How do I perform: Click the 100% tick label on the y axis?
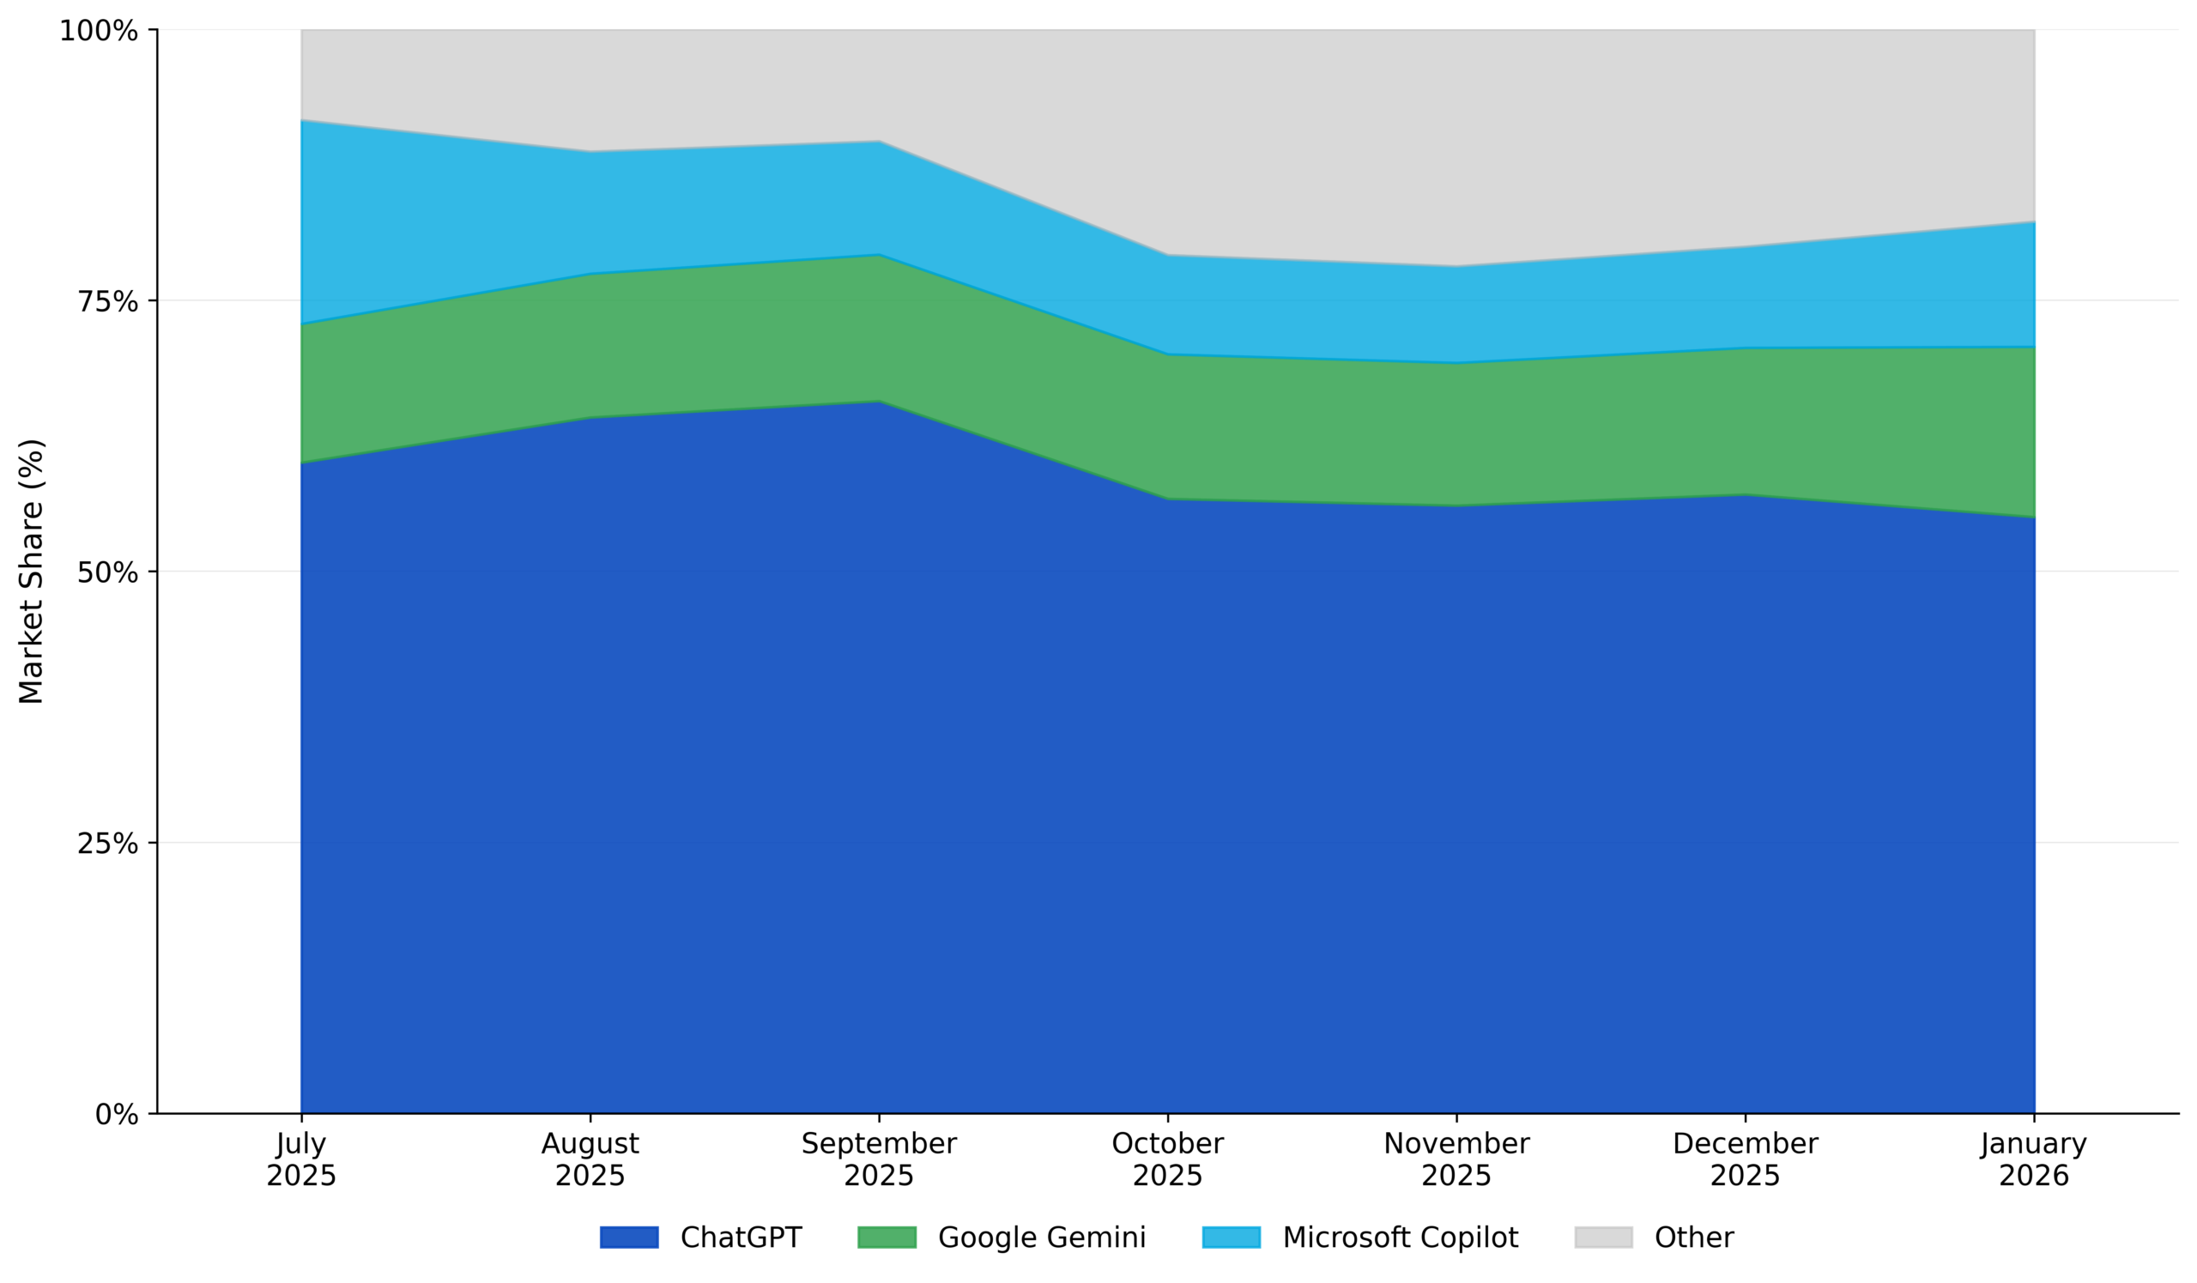pyautogui.click(x=99, y=32)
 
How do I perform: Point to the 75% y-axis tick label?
pyautogui.click(x=108, y=302)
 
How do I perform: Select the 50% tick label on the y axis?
pyautogui.click(x=108, y=573)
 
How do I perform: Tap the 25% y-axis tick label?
pyautogui.click(x=108, y=844)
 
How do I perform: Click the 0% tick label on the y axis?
pyautogui.click(x=117, y=1116)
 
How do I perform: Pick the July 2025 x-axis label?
pyautogui.click(x=300, y=1159)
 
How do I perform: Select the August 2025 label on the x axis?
pyautogui.click(x=590, y=1159)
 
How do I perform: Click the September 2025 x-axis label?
pyautogui.click(x=879, y=1159)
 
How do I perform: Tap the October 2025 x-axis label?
pyautogui.click(x=1167, y=1159)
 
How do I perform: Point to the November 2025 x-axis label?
pyautogui.click(x=1456, y=1159)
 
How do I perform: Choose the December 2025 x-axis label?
pyautogui.click(x=1746, y=1159)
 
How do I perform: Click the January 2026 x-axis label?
pyautogui.click(x=2034, y=1159)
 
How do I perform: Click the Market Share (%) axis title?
pyautogui.click(x=32, y=572)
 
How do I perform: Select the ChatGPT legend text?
pyautogui.click(x=741, y=1238)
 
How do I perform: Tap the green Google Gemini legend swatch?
pyautogui.click(x=887, y=1238)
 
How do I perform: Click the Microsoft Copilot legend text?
pyautogui.click(x=1400, y=1238)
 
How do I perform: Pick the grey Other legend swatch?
pyautogui.click(x=1603, y=1238)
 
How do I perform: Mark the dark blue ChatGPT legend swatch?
pyautogui.click(x=628, y=1238)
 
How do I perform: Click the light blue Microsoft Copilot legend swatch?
pyautogui.click(x=1231, y=1238)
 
